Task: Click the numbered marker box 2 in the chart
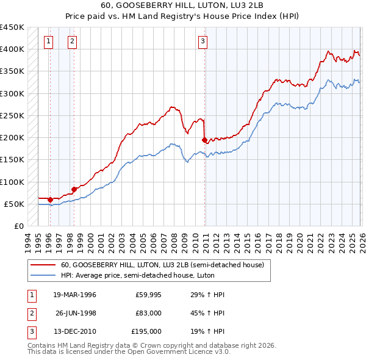pos(73,41)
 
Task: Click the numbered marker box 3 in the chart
pos(203,41)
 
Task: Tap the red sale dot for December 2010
pos(204,140)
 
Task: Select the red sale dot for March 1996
pos(50,200)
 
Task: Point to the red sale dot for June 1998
pos(74,189)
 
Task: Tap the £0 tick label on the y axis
pos(18,226)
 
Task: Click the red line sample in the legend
pos(43,265)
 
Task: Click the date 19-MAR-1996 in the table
pos(74,295)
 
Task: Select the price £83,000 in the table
pos(148,313)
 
